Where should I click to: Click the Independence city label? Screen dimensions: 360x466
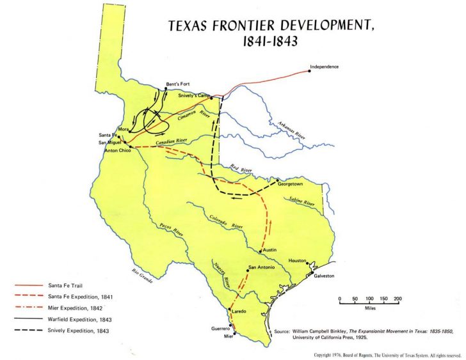point(323,67)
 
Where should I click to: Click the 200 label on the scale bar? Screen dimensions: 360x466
point(398,299)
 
